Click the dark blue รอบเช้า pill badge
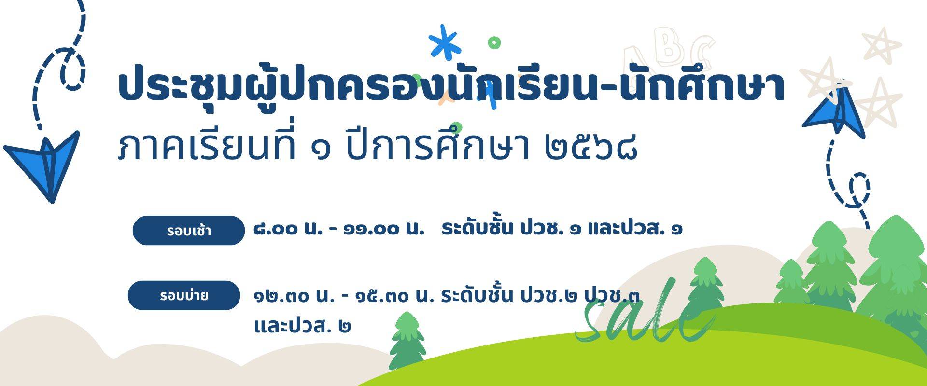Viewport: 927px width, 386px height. tap(189, 230)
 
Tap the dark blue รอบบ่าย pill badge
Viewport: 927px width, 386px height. tap(184, 295)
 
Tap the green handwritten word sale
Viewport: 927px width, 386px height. tap(645, 314)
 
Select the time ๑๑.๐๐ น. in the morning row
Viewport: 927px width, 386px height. tap(383, 228)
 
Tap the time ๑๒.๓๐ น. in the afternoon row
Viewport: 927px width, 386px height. tap(294, 295)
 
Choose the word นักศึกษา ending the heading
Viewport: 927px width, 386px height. tap(702, 86)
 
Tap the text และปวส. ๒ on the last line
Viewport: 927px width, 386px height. tap(302, 326)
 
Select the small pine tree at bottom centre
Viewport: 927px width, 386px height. tap(407, 340)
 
